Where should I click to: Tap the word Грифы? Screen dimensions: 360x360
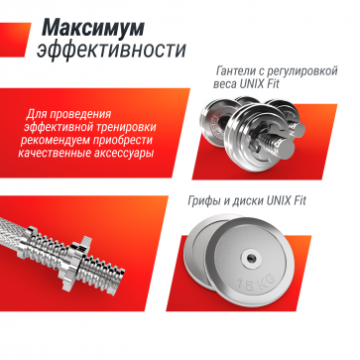pos(210,202)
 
